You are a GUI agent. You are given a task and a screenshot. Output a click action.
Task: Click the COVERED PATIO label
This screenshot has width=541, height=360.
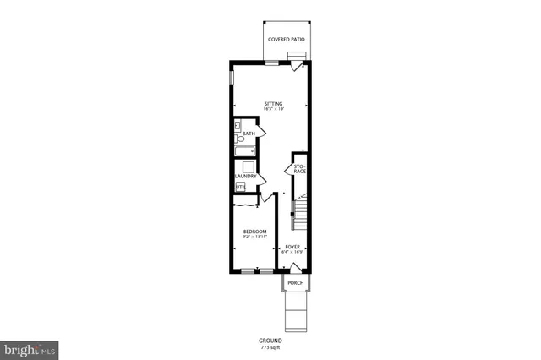click(x=286, y=40)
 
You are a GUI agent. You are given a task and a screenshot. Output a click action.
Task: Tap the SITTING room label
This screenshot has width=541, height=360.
click(x=273, y=104)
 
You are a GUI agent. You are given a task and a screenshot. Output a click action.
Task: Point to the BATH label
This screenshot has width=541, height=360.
click(x=249, y=134)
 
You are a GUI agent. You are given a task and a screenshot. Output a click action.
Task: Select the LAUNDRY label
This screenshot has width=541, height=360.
click(x=245, y=177)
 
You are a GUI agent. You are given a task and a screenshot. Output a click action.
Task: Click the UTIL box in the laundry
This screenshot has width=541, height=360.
click(x=240, y=187)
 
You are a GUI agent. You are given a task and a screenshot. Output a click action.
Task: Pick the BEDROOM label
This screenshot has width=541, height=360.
click(x=254, y=232)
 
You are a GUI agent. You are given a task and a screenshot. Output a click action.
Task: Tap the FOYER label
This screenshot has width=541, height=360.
click(x=292, y=247)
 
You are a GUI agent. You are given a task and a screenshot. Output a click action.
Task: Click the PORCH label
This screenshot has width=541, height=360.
click(x=295, y=282)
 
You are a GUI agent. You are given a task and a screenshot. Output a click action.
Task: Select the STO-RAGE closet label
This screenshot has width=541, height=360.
click(x=299, y=169)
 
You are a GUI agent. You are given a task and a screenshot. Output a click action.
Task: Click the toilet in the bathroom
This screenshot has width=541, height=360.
click(x=240, y=139)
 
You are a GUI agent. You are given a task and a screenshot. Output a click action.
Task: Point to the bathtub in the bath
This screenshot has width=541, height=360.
click(x=245, y=151)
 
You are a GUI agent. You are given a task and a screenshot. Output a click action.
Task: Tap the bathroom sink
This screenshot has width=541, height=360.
click(x=239, y=127)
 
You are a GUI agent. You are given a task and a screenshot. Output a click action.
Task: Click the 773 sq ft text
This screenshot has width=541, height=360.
click(x=270, y=347)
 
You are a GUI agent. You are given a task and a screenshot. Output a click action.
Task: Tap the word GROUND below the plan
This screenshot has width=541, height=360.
click(x=270, y=341)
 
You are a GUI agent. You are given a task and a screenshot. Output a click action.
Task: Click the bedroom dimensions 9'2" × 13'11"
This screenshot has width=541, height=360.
click(x=254, y=237)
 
